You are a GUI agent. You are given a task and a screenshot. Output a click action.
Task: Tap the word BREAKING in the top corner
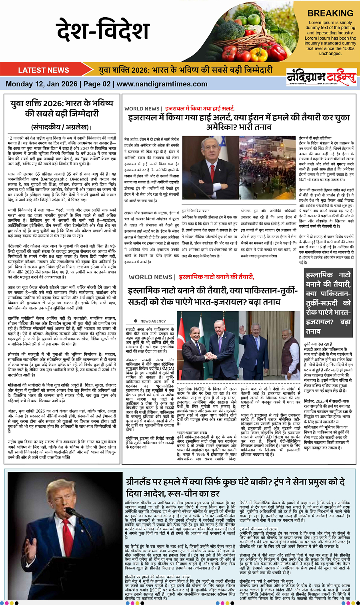coord(330,13)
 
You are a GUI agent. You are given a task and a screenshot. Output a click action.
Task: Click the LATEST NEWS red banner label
coord(44,70)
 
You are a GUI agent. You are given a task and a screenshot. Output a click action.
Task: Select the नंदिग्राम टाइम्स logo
coord(321,76)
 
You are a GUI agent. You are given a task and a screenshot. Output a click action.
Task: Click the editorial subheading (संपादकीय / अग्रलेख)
coord(60,127)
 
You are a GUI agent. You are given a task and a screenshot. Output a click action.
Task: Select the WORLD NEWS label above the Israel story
coord(142,108)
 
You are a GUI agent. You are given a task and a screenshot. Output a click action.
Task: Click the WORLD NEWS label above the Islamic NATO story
coord(150,277)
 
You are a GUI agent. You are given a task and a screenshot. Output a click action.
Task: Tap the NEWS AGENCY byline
coord(153,321)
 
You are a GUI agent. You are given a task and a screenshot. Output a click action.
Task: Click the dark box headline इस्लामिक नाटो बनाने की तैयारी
coord(328,303)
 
